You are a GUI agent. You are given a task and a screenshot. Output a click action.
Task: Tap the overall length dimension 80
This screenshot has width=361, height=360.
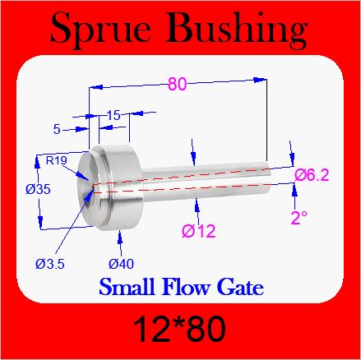click(x=177, y=84)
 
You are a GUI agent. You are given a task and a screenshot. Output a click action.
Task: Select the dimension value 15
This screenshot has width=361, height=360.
click(x=113, y=115)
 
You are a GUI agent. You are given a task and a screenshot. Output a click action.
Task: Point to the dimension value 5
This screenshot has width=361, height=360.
click(x=57, y=129)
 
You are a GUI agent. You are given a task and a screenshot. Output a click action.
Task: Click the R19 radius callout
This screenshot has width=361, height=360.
click(x=56, y=160)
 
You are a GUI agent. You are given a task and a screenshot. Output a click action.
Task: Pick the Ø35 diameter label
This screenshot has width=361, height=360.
click(x=38, y=189)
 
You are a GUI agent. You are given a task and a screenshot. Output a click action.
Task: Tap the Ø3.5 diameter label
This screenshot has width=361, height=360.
click(x=50, y=264)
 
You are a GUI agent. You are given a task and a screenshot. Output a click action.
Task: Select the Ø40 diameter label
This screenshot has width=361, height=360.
click(x=121, y=264)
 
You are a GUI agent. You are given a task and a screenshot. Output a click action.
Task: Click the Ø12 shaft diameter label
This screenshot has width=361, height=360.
click(x=199, y=231)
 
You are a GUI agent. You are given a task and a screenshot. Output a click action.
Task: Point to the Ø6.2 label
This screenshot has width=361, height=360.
click(x=312, y=175)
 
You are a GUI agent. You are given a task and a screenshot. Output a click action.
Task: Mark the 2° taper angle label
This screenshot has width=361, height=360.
click(x=299, y=218)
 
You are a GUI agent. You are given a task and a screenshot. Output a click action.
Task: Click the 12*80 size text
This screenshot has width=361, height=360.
click(x=180, y=329)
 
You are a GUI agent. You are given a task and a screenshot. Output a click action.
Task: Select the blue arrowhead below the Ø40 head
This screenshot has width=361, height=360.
click(x=120, y=237)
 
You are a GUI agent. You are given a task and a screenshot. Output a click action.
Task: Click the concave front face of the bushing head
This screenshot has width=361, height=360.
click(x=88, y=189)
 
